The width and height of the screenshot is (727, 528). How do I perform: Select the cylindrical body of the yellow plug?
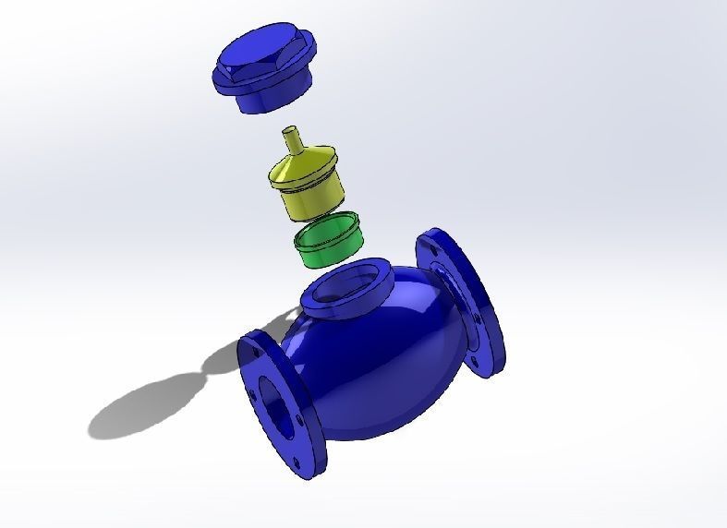pos(310,199)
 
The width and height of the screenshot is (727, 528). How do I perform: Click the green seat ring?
pos(325,247)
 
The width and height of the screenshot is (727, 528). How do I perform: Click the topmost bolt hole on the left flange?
pos(248,351)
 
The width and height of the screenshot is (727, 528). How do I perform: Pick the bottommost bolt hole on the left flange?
pos(297,462)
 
